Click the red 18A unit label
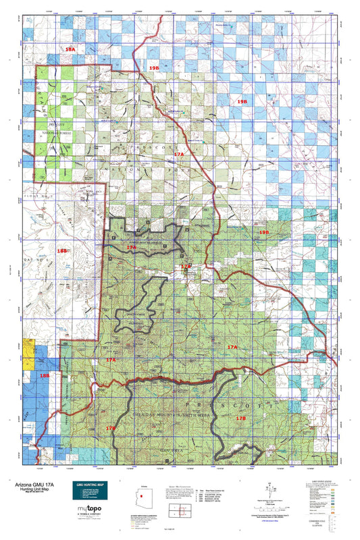[x=70, y=49]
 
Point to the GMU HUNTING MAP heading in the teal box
[x=90, y=483]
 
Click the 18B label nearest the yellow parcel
[x=44, y=375]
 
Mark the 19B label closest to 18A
[x=154, y=68]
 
